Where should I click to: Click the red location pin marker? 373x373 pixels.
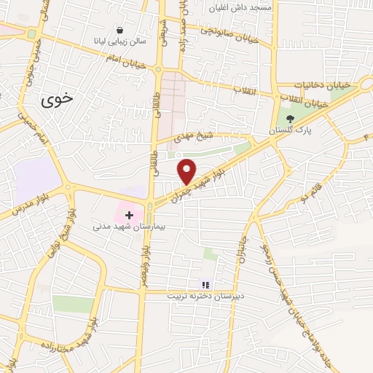tap(187, 171)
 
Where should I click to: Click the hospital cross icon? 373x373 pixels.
tap(130, 215)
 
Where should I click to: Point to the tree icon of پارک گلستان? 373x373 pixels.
tap(290, 118)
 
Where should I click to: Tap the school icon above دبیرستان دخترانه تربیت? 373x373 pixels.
tap(205, 284)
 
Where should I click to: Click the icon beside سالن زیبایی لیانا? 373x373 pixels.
tap(119, 31)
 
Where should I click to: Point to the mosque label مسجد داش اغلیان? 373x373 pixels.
tap(240, 7)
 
